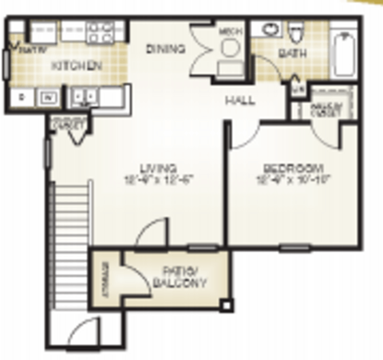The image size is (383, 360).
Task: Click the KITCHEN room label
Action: pos(76,65)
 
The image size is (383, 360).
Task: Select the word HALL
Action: pos(239,101)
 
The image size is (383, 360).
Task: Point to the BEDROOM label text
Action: pos(293,168)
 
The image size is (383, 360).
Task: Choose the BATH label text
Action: pos(288,53)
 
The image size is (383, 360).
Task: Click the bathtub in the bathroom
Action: pos(343,49)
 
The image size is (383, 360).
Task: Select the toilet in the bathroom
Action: pos(298,33)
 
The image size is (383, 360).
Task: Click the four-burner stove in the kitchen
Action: pos(101,31)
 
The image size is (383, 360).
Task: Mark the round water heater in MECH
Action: pos(229,47)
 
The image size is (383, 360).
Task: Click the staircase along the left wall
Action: pos(66,247)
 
